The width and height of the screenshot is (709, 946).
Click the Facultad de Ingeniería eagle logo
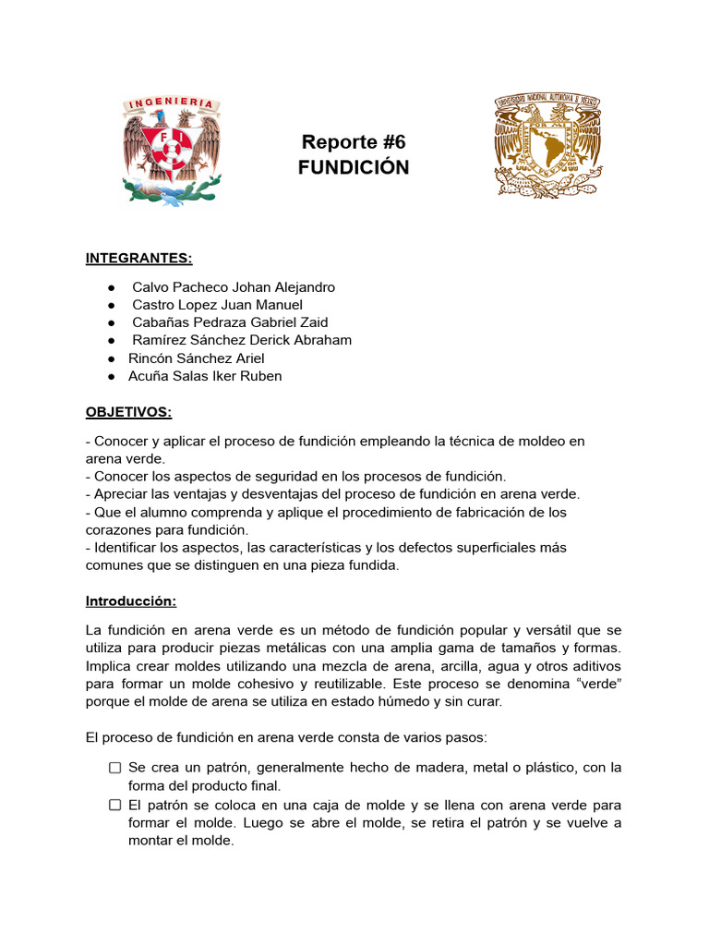click(x=172, y=150)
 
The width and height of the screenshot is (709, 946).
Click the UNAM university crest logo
click(x=549, y=145)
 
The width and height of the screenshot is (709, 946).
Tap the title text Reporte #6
click(x=354, y=142)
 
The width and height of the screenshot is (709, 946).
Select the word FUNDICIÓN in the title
click(x=354, y=167)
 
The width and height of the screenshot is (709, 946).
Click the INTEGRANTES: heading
click(x=139, y=257)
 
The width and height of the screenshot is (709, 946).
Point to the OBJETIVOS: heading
click(x=129, y=411)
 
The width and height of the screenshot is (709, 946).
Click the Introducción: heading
click(x=131, y=600)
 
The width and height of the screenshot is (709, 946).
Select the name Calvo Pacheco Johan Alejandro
click(x=234, y=287)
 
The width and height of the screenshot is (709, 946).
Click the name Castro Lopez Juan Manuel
click(x=217, y=305)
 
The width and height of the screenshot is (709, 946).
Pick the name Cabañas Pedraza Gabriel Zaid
click(x=230, y=322)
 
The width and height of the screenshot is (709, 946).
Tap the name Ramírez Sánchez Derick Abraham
click(x=242, y=340)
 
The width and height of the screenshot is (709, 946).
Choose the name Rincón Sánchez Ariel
click(x=197, y=358)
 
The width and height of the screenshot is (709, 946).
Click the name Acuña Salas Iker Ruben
click(x=205, y=376)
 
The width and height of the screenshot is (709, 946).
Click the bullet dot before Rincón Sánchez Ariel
click(x=111, y=358)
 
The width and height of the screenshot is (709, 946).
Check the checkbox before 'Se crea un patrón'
click(x=114, y=768)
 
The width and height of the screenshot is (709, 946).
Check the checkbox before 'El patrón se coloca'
click(x=114, y=805)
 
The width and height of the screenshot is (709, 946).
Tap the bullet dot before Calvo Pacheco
click(x=111, y=287)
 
